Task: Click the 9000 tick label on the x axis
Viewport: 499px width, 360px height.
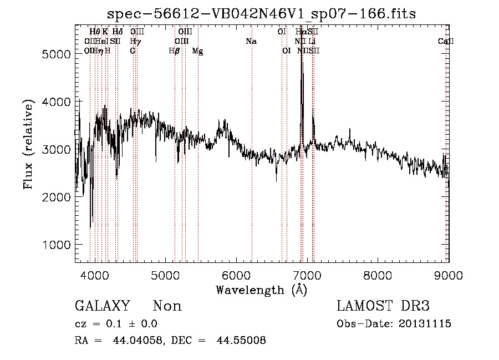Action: (x=448, y=274)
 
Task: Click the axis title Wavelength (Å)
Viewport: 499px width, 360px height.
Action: (x=261, y=290)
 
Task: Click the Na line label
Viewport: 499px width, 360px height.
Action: (x=251, y=42)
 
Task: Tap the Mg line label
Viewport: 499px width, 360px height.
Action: (x=197, y=51)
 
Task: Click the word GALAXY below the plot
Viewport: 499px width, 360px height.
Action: (x=103, y=306)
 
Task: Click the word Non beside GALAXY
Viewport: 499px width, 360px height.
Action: (x=167, y=306)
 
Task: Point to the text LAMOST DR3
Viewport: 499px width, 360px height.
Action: (x=383, y=306)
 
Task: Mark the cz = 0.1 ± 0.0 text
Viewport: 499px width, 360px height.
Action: (x=115, y=324)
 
